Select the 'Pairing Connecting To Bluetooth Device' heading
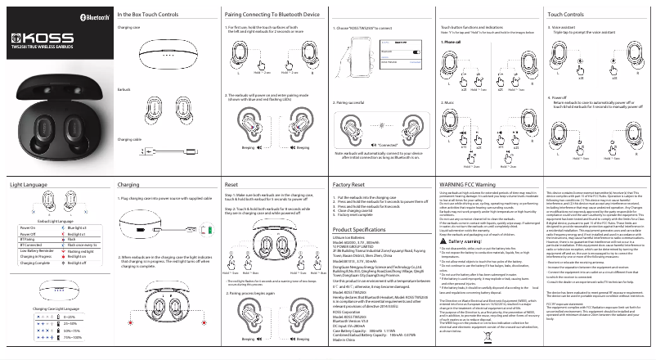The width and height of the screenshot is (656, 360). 272,15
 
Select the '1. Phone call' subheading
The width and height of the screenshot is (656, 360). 451,41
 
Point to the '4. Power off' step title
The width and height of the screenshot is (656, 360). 560,97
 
